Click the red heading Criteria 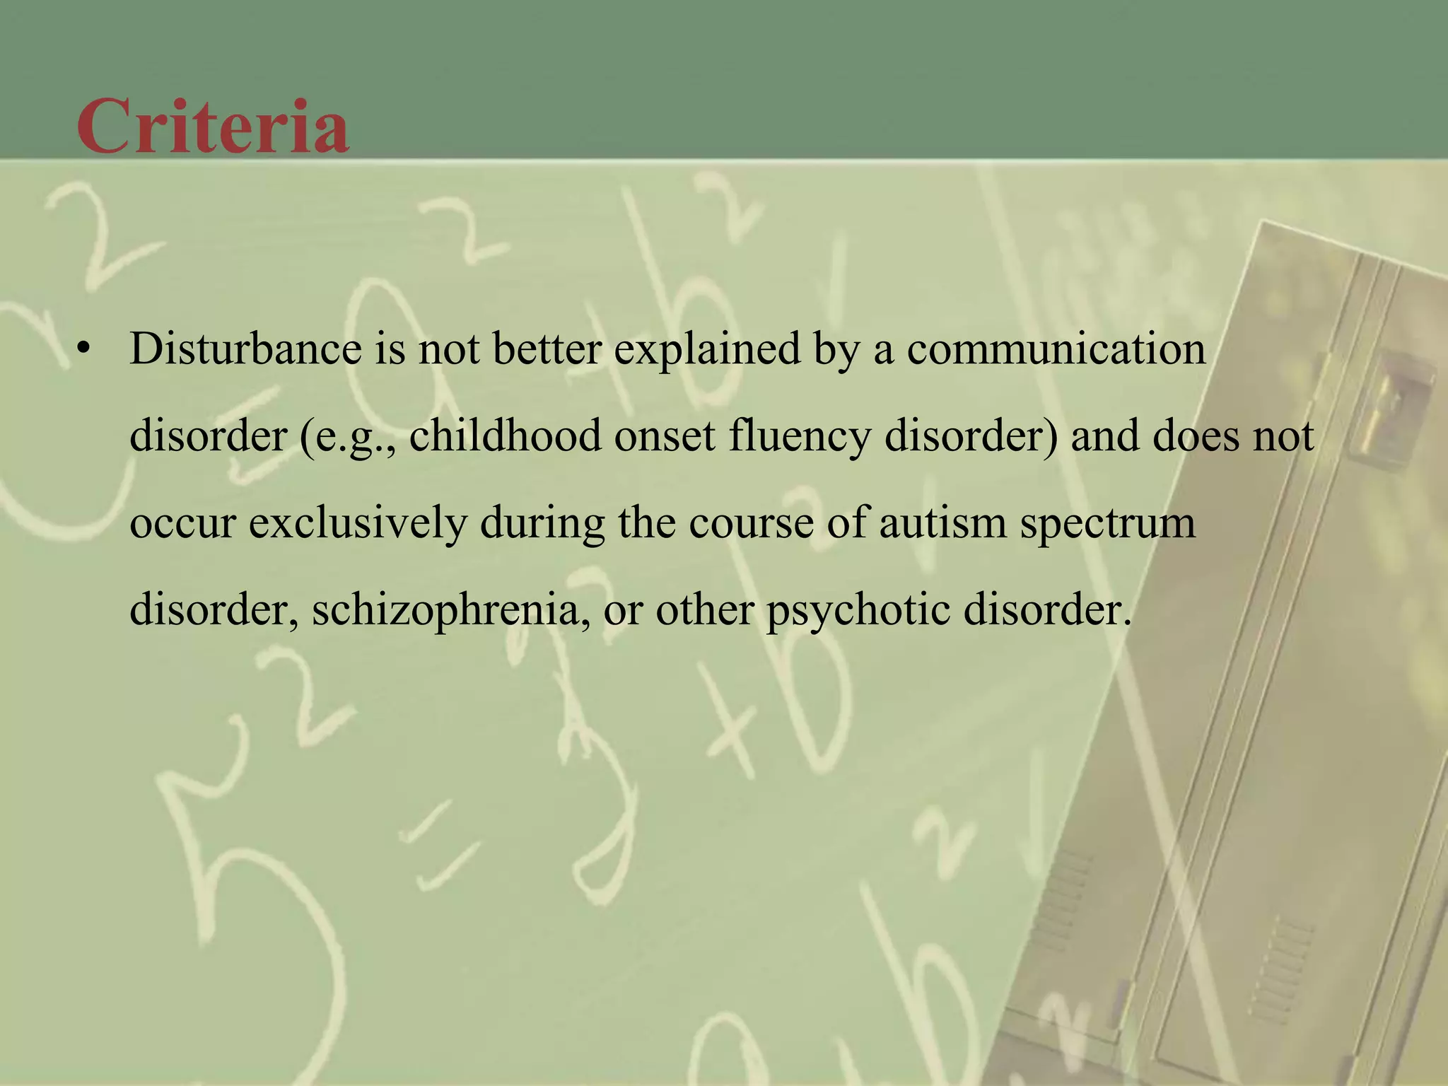point(213,127)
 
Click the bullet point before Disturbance point(85,349)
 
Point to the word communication point(1056,349)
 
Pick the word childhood point(505,436)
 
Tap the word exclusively point(358,524)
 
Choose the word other point(704,610)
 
